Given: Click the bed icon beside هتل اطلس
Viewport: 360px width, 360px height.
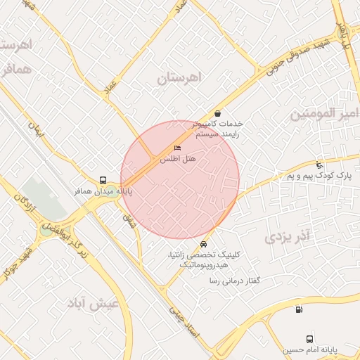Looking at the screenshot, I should [x=176, y=148].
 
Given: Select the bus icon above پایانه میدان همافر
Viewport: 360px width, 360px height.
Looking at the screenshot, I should [x=103, y=180].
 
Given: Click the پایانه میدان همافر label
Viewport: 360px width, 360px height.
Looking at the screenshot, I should [x=103, y=191].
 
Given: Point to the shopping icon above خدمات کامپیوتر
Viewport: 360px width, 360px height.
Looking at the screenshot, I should [x=217, y=113].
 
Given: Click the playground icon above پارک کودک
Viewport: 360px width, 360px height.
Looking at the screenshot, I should [x=320, y=165].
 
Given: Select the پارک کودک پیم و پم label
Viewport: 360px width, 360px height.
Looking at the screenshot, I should [x=319, y=175].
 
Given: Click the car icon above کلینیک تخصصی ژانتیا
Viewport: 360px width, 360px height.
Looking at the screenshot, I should [x=203, y=244].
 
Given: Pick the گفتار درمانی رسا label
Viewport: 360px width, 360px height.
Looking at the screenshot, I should [x=235, y=281].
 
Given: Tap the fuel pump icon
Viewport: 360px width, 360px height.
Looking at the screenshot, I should [x=300, y=309].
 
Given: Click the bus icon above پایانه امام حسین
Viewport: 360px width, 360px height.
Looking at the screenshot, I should [x=310, y=339].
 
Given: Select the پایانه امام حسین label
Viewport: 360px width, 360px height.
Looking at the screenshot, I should [x=311, y=349].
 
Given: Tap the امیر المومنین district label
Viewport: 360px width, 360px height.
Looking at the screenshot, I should [x=325, y=113].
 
